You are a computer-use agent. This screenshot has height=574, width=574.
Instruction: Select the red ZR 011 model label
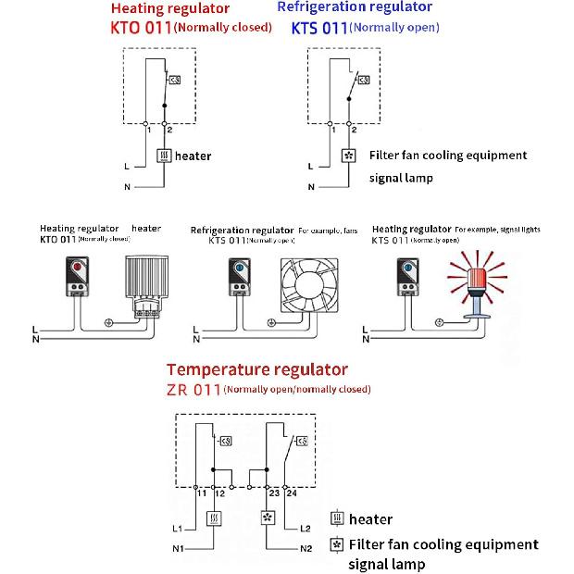(x=193, y=389)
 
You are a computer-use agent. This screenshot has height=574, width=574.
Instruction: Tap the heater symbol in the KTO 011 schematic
(x=164, y=156)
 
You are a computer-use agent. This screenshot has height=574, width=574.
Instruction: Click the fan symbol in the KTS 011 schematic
(x=349, y=156)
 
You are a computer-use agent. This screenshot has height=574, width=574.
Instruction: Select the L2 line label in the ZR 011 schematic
(x=306, y=528)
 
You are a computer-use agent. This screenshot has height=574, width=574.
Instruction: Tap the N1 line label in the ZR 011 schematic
(x=179, y=550)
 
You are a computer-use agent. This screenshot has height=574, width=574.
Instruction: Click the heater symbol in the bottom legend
(x=338, y=519)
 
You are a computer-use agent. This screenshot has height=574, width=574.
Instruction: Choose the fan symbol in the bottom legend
(x=338, y=543)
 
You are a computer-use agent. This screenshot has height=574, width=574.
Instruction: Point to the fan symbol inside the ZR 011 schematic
(x=268, y=519)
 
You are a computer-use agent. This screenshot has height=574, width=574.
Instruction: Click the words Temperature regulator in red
(x=257, y=370)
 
